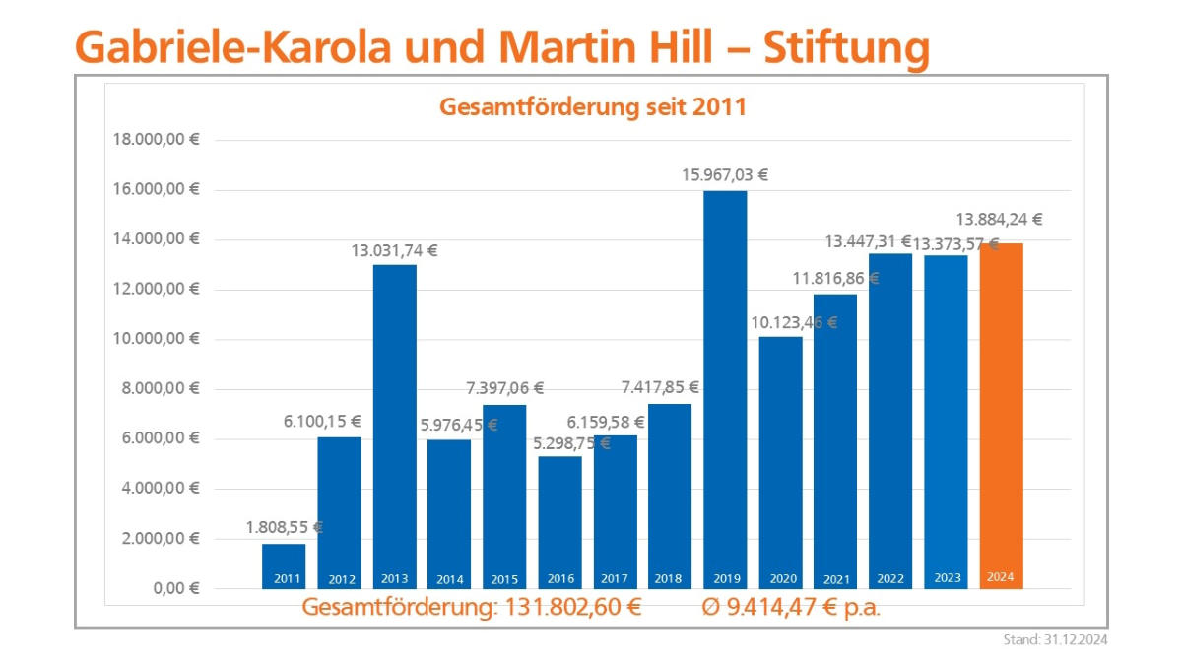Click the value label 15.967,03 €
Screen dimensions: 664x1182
pyautogui.click(x=725, y=175)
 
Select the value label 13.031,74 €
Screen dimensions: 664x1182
pyautogui.click(x=394, y=250)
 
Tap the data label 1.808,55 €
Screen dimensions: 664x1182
pyautogui.click(x=284, y=528)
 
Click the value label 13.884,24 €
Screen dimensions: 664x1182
pyautogui.click(x=1000, y=220)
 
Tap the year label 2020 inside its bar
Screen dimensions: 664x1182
pyautogui.click(x=780, y=579)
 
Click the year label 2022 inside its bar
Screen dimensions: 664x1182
pyautogui.click(x=890, y=579)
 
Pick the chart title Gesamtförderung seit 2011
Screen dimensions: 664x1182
pyautogui.click(x=592, y=107)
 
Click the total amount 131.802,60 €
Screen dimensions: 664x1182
pyautogui.click(x=572, y=607)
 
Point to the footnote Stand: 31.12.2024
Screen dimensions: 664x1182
pyautogui.click(x=1055, y=640)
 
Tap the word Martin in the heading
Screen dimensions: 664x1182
pyautogui.click(x=569, y=45)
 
